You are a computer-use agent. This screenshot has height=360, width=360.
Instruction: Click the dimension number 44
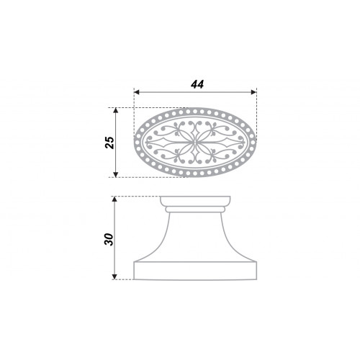coord(197,84)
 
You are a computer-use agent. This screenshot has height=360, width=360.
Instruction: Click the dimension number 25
coord(110,143)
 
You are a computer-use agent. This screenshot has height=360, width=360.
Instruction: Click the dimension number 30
coord(109,239)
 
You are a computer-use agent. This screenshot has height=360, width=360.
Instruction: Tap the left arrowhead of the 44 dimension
coord(137,92)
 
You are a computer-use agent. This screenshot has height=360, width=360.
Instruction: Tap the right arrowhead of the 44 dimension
coord(253,92)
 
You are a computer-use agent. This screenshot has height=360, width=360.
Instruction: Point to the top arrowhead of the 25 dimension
coord(116,110)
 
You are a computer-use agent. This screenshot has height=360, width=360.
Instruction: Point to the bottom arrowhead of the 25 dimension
coord(116,174)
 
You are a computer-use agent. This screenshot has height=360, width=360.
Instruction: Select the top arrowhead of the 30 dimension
coord(114,199)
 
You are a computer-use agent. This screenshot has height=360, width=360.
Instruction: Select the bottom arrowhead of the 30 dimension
coord(114,276)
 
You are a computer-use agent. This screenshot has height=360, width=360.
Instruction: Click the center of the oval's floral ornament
coord(195,143)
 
